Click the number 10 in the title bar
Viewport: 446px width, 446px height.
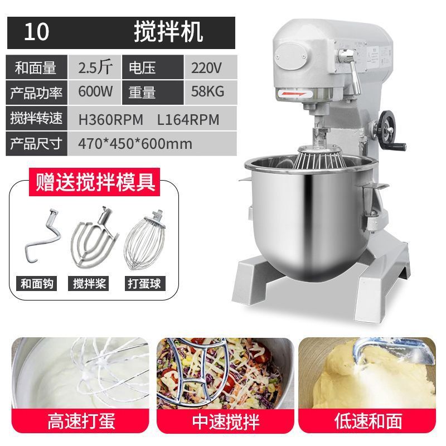[x=37, y=32]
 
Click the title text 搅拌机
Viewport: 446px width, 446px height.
[x=168, y=32]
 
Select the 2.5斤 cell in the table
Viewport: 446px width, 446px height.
[x=95, y=67]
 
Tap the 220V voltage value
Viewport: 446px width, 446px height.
[x=206, y=68]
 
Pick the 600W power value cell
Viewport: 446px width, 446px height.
[x=95, y=91]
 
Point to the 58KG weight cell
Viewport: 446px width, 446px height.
[x=207, y=91]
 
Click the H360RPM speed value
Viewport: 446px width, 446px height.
[x=110, y=119]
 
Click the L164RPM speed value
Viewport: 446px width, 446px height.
[x=188, y=119]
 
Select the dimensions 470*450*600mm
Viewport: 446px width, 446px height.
[x=135, y=144]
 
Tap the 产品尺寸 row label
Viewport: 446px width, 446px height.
[x=36, y=143]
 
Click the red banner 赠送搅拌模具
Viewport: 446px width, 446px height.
[x=94, y=182]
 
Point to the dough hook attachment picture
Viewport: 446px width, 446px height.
[x=42, y=235]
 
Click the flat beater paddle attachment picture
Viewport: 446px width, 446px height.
[x=94, y=238]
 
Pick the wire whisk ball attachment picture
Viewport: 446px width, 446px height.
[x=146, y=240]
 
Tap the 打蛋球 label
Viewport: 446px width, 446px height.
[x=145, y=284]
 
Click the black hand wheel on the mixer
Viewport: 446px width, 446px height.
[x=386, y=129]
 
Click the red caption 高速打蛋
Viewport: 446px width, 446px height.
[x=81, y=421]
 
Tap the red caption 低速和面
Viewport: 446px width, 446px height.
[x=368, y=421]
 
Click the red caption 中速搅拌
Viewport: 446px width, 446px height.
[x=226, y=421]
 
